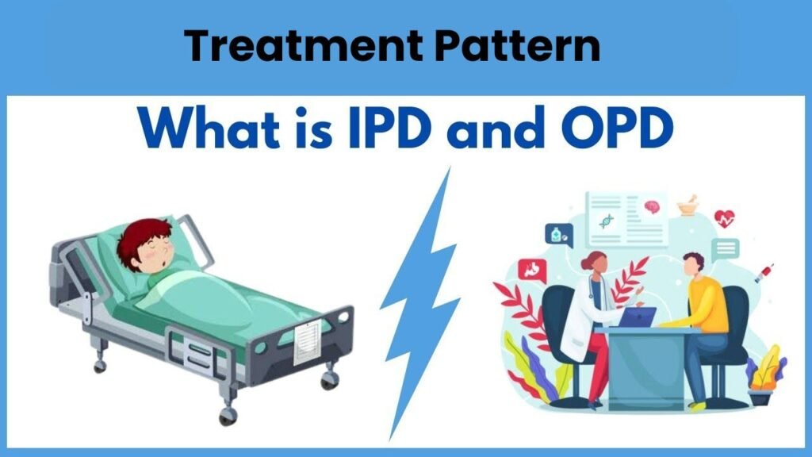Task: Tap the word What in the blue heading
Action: (209, 127)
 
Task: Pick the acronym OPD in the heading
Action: (617, 127)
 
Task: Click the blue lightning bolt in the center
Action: (420, 303)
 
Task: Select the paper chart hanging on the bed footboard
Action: (308, 342)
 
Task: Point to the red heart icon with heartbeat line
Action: (724, 219)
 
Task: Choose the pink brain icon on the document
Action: (652, 207)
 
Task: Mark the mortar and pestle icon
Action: (688, 205)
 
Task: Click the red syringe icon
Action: (764, 273)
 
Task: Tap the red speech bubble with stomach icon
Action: (532, 271)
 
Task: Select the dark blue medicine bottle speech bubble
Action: (559, 235)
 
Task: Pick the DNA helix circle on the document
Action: (607, 221)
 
